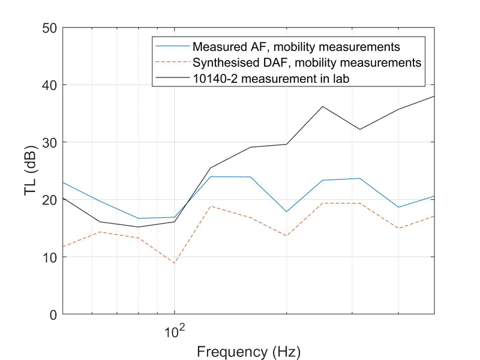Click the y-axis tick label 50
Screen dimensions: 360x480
50,28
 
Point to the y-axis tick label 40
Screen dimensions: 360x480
50,85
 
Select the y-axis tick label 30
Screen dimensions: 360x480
50,142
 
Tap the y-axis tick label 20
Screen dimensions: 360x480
50,200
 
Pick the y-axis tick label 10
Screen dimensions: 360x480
50,257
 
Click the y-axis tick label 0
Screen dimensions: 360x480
53,314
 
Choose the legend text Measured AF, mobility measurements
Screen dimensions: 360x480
296,46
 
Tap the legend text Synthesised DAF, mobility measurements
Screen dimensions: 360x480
307,62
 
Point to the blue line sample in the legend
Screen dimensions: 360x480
172,46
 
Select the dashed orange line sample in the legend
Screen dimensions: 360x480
172,62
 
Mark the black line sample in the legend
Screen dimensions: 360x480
172,77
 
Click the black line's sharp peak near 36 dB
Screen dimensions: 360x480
323,107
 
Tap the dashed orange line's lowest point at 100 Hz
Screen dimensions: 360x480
175,263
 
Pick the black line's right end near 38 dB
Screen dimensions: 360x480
434,96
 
